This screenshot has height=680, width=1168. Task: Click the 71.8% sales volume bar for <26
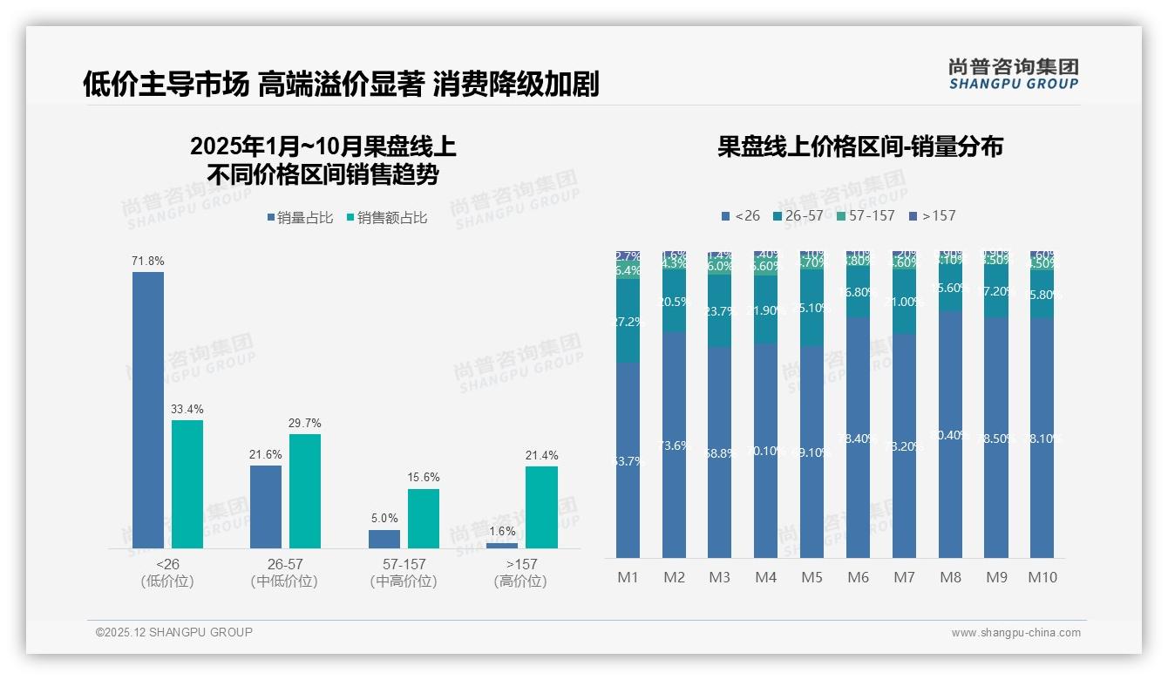click(x=148, y=410)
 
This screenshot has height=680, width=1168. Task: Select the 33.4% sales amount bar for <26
click(x=187, y=484)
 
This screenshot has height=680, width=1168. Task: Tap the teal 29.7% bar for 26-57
click(x=305, y=491)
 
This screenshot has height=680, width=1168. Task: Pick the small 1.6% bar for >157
click(x=502, y=546)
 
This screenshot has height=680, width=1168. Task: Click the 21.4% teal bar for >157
click(x=541, y=507)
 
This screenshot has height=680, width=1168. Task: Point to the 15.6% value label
click(x=424, y=478)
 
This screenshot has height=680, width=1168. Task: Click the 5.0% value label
click(x=384, y=519)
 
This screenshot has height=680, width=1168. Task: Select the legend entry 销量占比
click(x=300, y=218)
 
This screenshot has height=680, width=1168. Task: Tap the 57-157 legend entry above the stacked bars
click(x=866, y=215)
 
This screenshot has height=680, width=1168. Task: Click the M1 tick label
click(x=628, y=577)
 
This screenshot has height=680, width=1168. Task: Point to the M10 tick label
click(x=1042, y=577)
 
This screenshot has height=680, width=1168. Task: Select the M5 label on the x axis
click(x=811, y=577)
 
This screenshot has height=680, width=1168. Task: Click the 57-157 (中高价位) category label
click(x=404, y=573)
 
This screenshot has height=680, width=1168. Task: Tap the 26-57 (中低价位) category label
click(x=285, y=573)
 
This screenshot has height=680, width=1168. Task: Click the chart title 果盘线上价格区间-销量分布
click(x=859, y=146)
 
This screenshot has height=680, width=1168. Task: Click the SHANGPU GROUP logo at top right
click(x=1013, y=74)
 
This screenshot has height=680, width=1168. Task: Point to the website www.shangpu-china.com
click(x=1015, y=633)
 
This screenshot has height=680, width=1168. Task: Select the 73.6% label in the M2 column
click(x=674, y=445)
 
